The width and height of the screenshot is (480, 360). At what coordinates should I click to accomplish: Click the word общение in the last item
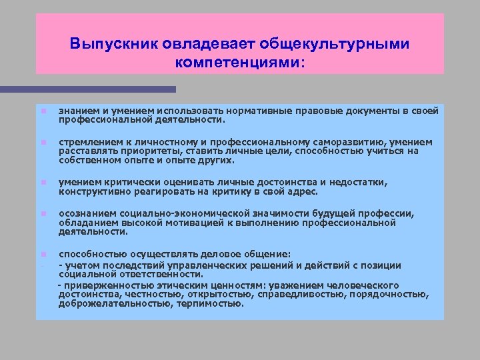pos(263,254)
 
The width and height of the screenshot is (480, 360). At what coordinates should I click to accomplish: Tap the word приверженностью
pos(99,285)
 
